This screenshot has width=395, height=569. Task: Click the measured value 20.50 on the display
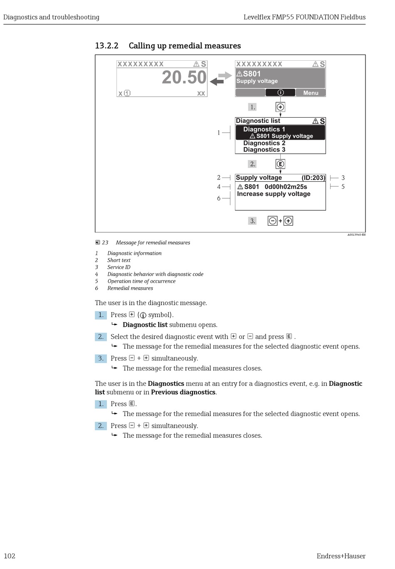184,78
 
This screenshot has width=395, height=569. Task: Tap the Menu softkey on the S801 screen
311,93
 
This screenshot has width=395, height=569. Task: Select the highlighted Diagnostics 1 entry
280,133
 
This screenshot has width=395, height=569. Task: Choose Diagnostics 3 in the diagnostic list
264,150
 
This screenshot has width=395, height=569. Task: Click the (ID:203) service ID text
313,178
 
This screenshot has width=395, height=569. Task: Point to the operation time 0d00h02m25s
286,187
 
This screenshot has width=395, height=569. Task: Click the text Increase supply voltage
274,194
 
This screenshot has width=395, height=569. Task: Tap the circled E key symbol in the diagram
280,164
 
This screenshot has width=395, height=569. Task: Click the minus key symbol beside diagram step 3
272,221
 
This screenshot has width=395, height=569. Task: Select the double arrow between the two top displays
221,78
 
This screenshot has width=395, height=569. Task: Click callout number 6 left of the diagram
219,199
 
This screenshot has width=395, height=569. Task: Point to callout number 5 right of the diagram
343,187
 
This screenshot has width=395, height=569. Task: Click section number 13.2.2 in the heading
106,46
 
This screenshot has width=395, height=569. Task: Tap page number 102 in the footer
10,556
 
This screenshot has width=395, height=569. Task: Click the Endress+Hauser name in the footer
341,556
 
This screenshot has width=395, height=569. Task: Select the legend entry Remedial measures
130,288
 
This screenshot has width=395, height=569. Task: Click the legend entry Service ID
119,267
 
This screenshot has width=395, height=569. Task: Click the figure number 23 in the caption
105,243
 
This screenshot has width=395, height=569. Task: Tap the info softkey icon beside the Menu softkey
281,93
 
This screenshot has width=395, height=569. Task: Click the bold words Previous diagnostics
183,392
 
